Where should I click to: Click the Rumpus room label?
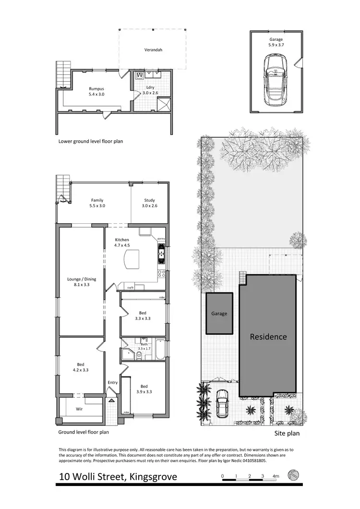(96, 91)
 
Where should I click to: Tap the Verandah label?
(153, 49)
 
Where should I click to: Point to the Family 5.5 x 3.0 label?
(97, 203)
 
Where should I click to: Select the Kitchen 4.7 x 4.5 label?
(121, 242)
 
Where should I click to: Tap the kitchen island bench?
(131, 260)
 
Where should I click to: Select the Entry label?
(113, 382)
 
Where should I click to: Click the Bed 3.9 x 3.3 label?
(144, 388)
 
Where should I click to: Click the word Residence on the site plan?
(268, 337)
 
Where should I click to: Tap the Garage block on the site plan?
(219, 314)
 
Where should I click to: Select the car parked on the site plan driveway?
(222, 403)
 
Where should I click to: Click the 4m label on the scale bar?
(276, 476)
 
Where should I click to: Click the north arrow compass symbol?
(293, 475)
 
